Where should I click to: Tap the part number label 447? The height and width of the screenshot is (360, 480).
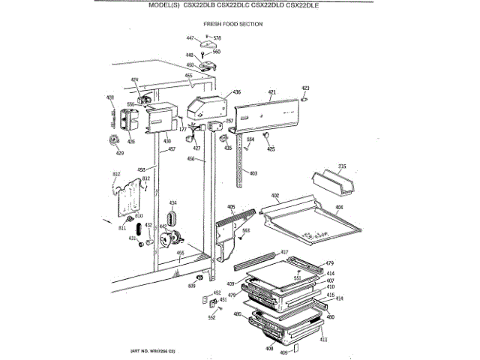(190, 37)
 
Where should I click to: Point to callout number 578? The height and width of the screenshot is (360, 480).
(217, 37)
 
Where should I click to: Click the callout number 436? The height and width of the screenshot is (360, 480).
(236, 92)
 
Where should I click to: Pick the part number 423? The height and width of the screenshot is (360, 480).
(305, 88)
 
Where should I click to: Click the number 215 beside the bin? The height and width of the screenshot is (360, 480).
(342, 166)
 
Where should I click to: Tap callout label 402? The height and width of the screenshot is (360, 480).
(275, 196)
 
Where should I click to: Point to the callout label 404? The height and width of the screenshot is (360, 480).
(339, 207)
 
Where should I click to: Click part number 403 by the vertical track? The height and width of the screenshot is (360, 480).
(253, 173)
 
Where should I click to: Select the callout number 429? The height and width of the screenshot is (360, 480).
(118, 154)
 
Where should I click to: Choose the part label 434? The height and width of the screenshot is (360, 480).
(172, 203)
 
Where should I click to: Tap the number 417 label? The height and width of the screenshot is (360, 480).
(284, 251)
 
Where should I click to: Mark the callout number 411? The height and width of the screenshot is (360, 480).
(324, 340)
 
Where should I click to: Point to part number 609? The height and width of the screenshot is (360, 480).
(191, 286)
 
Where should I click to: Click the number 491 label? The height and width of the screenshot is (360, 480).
(181, 253)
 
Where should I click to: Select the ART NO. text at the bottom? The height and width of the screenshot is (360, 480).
(147, 352)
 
